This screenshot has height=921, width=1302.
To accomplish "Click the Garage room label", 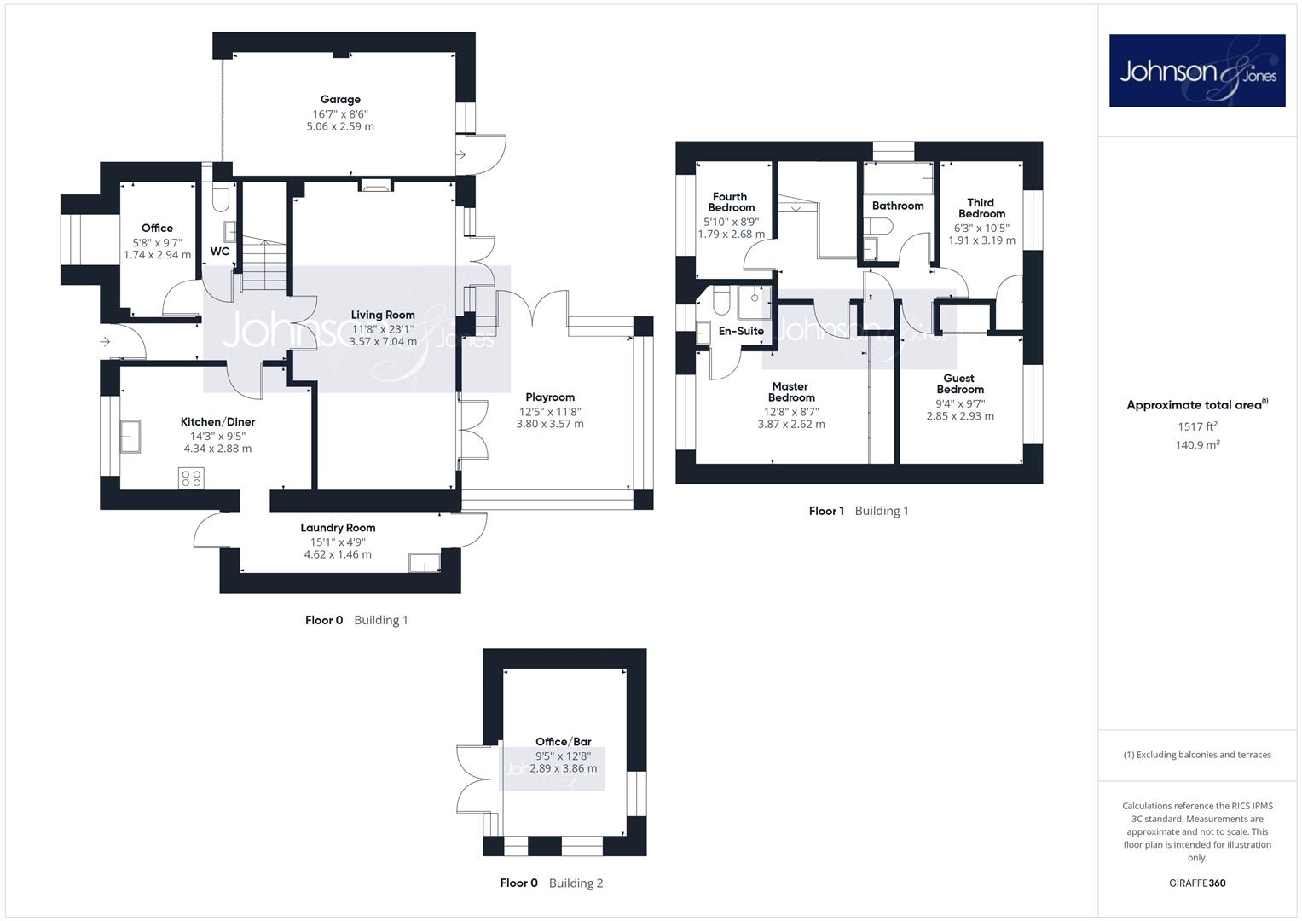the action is coord(340,100).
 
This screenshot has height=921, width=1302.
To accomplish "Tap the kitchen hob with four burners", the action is coord(191,478).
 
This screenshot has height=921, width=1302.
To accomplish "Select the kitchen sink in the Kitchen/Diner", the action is coord(130,436).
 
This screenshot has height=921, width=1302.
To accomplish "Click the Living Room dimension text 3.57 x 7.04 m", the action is coord(383,341).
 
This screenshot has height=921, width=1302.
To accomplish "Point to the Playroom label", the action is coord(550,397).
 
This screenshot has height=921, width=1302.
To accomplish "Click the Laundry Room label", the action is coord(338,528).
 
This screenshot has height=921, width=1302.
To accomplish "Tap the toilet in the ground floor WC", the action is coord(221,197).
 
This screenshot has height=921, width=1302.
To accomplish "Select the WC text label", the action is coord(220,252).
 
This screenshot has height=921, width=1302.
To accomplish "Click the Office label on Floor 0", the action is coord(157,228).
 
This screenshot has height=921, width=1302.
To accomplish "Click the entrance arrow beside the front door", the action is coord(105,342).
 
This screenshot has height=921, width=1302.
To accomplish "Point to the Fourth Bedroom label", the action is coord(731,202).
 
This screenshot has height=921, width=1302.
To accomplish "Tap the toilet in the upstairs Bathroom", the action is coord(878,226).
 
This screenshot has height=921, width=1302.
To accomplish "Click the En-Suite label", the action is coord(741,331).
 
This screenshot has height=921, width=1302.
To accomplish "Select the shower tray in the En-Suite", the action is coord(755,302).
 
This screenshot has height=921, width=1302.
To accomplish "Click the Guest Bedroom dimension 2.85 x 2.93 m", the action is coord(960,416).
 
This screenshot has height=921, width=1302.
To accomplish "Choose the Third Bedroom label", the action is coord(981,208).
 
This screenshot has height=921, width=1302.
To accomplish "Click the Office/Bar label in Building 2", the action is coord(564,741).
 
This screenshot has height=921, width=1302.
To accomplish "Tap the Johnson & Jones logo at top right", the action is coord(1197,70).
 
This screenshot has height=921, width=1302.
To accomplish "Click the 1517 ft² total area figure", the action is coord(1197,426).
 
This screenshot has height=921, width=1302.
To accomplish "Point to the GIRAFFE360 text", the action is coord(1197,883).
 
